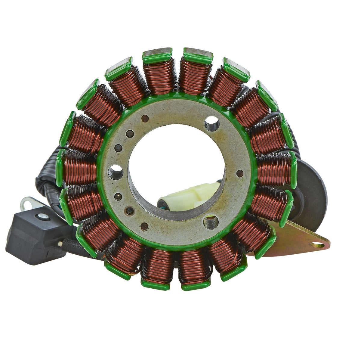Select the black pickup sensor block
36,235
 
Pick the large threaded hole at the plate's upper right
212,123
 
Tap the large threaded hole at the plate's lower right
211,222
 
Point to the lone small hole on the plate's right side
240,173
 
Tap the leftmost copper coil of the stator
80,167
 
